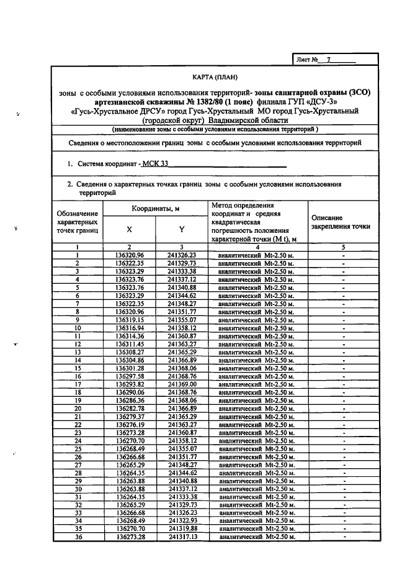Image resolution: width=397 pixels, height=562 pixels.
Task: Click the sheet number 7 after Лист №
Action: pyautogui.click(x=329, y=60)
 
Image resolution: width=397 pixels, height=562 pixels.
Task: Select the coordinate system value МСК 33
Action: pyautogui.click(x=154, y=164)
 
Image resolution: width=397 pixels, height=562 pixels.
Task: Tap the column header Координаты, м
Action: pyautogui.click(x=155, y=209)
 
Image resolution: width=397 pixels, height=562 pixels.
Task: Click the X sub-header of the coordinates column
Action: pyautogui.click(x=129, y=229)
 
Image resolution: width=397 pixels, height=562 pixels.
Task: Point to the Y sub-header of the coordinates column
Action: pyautogui.click(x=182, y=229)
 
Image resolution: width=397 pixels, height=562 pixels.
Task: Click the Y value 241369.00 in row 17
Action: pyautogui.click(x=182, y=384)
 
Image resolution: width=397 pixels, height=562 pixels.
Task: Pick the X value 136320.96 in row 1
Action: pyautogui.click(x=129, y=255)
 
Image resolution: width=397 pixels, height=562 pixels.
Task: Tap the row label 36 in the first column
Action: pyautogui.click(x=78, y=537)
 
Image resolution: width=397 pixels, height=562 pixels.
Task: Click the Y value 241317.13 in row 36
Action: pyautogui.click(x=182, y=537)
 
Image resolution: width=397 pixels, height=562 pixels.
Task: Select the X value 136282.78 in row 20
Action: pyautogui.click(x=129, y=408)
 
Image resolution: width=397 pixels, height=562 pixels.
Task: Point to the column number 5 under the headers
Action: pyautogui.click(x=343, y=247)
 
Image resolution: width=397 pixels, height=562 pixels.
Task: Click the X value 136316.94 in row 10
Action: pyautogui.click(x=129, y=327)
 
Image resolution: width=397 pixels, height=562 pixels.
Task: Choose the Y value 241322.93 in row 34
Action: pyautogui.click(x=182, y=520)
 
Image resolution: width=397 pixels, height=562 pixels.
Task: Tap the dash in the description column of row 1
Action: pyautogui.click(x=343, y=255)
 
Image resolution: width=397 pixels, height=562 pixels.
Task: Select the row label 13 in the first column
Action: pyautogui.click(x=78, y=351)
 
